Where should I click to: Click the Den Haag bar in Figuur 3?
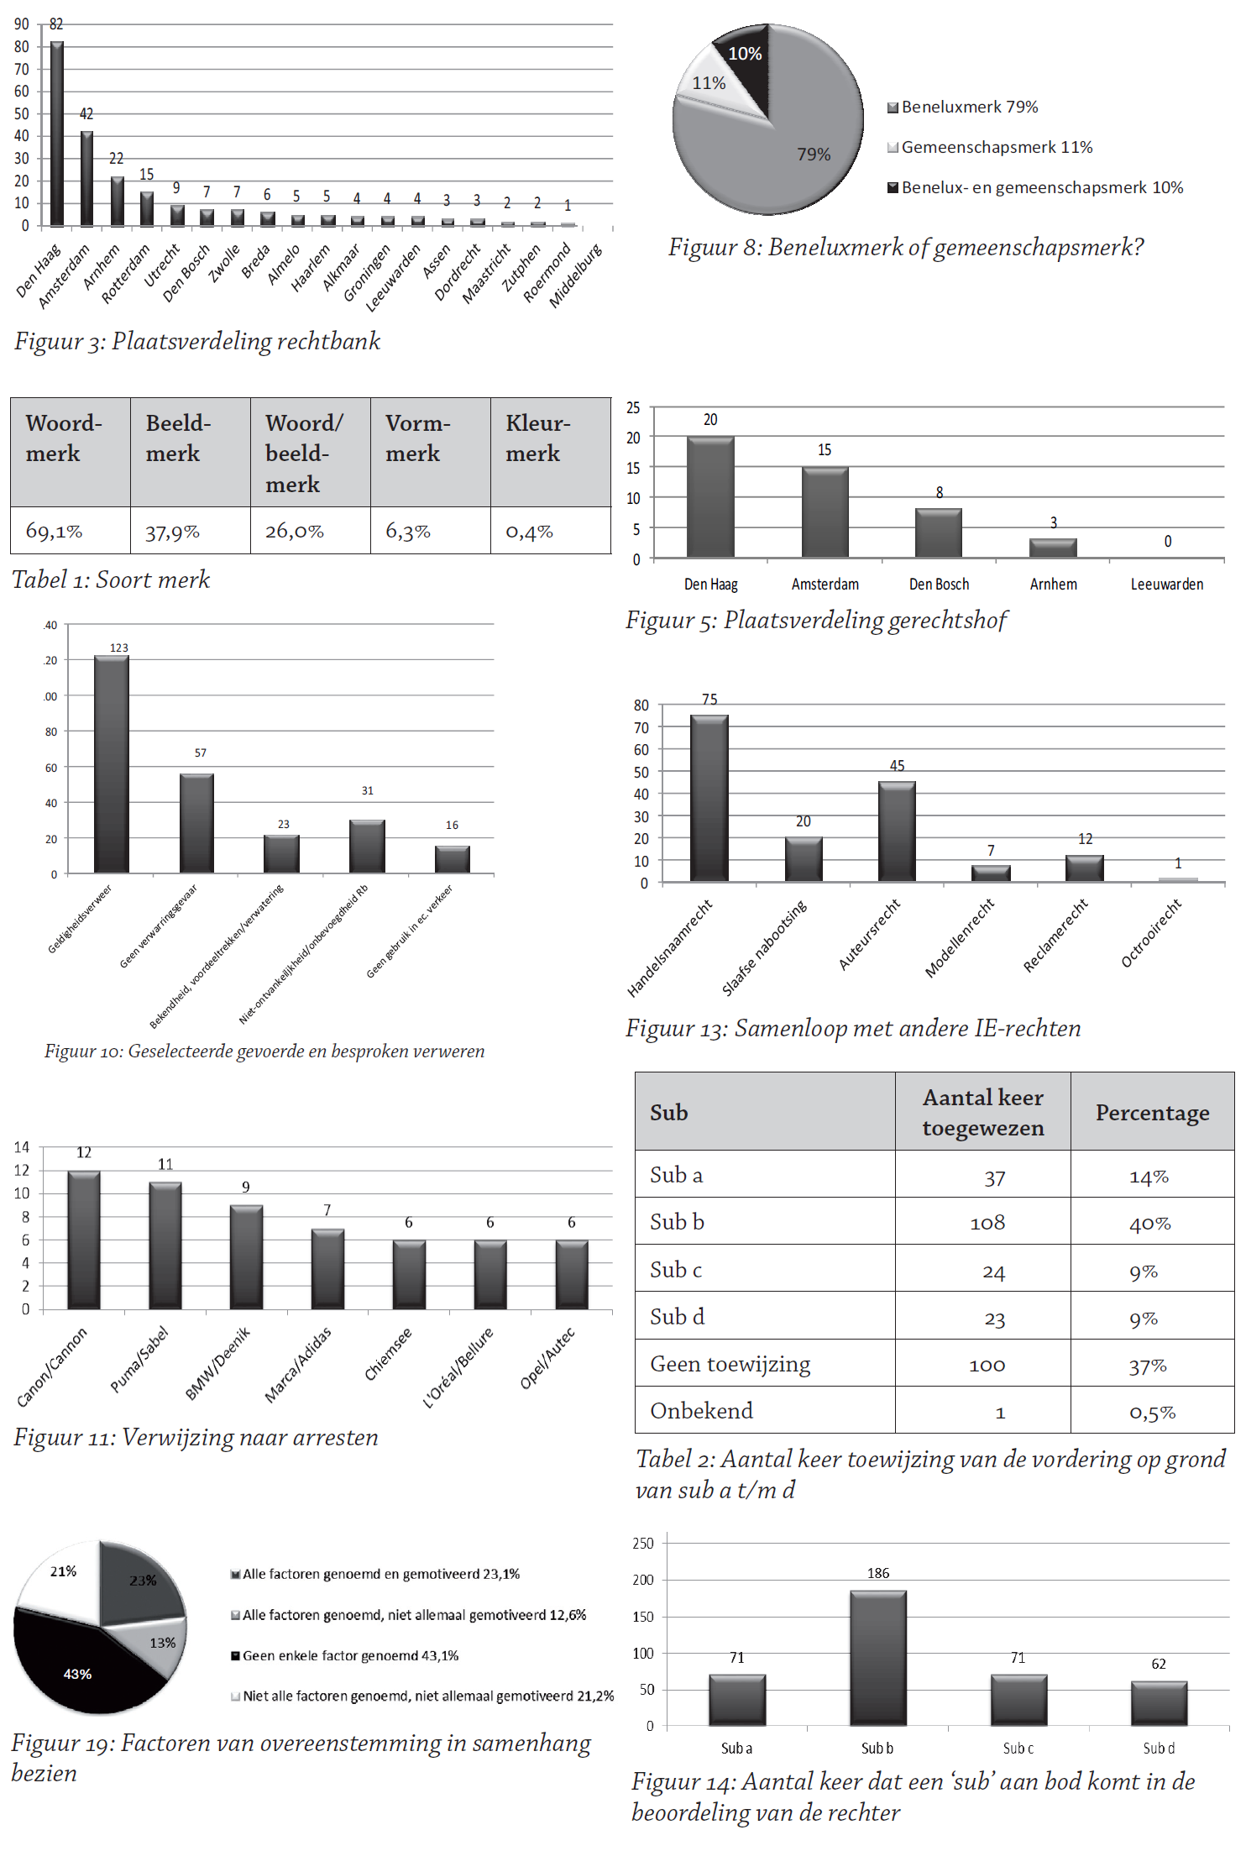[57, 134]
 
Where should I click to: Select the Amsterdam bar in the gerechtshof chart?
[825, 512]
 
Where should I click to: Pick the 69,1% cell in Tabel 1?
[55, 531]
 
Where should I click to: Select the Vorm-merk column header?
[418, 438]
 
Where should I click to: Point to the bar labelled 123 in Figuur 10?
[112, 764]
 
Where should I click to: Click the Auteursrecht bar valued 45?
[897, 831]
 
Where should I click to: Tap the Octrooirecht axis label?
[1151, 933]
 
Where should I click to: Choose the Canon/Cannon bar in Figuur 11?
[84, 1240]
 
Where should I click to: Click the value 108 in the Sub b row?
[987, 1224]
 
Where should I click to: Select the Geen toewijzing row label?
[730, 1365]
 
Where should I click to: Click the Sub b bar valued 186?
[878, 1658]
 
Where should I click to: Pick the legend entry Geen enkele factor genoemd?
[350, 1656]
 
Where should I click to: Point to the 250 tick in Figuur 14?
[643, 1544]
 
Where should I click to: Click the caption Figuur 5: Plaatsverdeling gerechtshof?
[816, 621]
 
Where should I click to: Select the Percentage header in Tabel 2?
[1152, 1113]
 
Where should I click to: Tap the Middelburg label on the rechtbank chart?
[576, 276]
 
